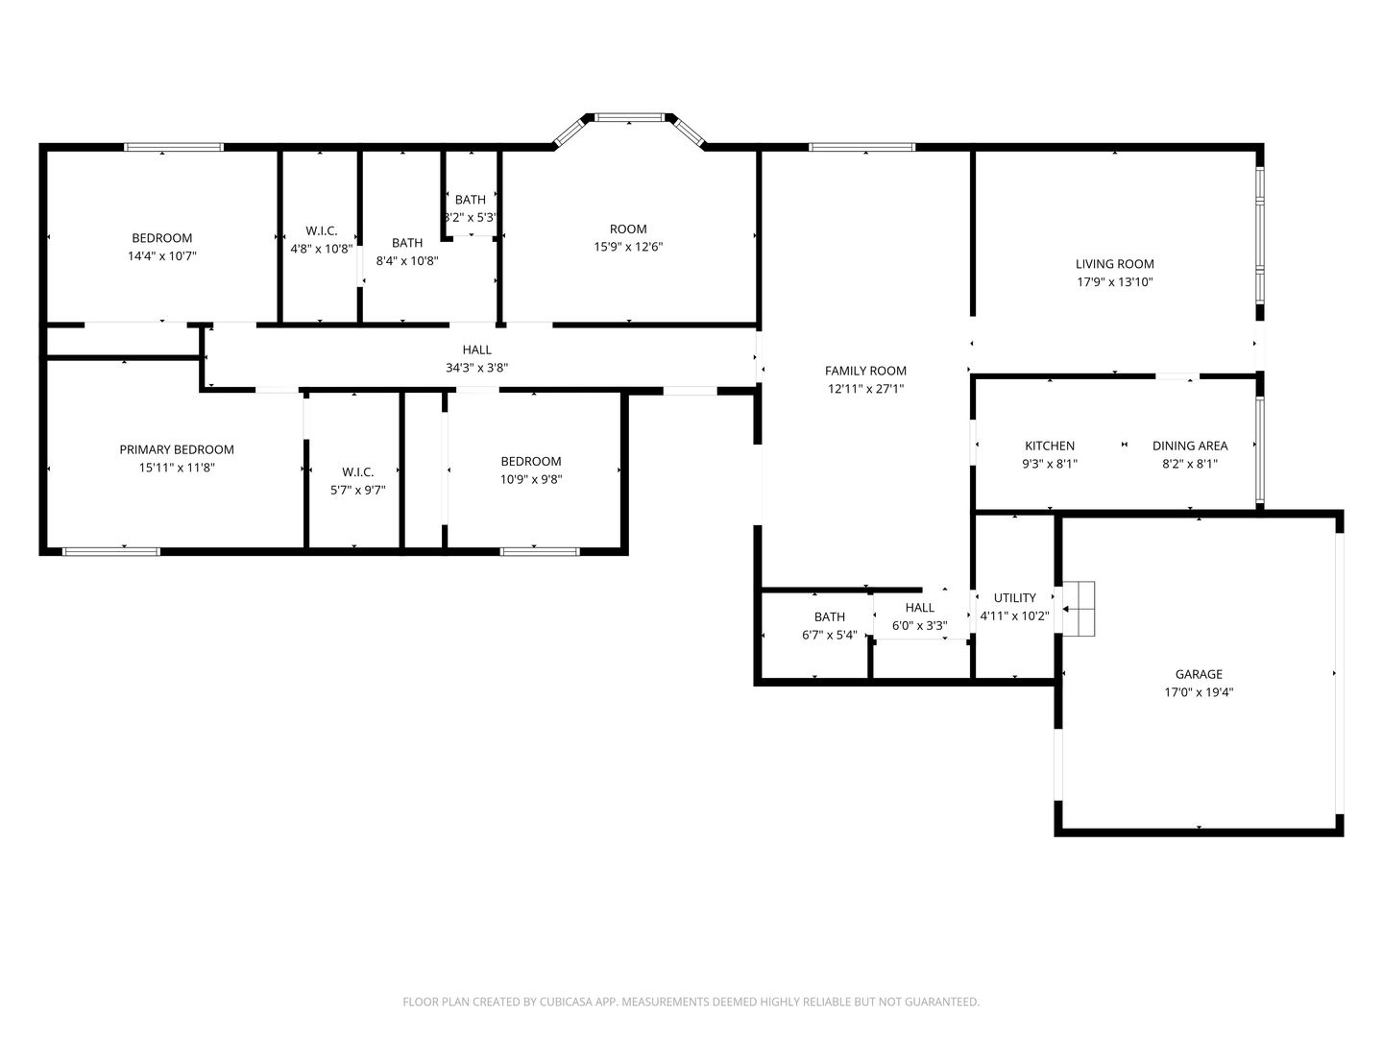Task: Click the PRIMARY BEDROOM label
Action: pos(177,449)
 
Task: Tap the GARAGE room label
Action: pos(1199,674)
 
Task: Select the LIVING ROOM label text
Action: pos(1114,264)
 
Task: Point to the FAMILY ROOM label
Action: pos(865,371)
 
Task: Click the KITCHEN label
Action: pos(1050,446)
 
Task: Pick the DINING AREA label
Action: pos(1190,446)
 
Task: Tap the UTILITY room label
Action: pos(1014,597)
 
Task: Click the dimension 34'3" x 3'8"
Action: pos(476,368)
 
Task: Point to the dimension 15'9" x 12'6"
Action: pos(628,247)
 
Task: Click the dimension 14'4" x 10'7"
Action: pos(161,256)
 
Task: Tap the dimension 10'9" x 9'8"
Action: pos(531,479)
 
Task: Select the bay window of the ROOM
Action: pos(629,118)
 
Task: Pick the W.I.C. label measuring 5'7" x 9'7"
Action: pos(357,471)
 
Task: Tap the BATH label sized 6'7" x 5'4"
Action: pos(830,616)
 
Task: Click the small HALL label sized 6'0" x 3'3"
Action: pos(919,607)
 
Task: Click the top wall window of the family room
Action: pos(861,147)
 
